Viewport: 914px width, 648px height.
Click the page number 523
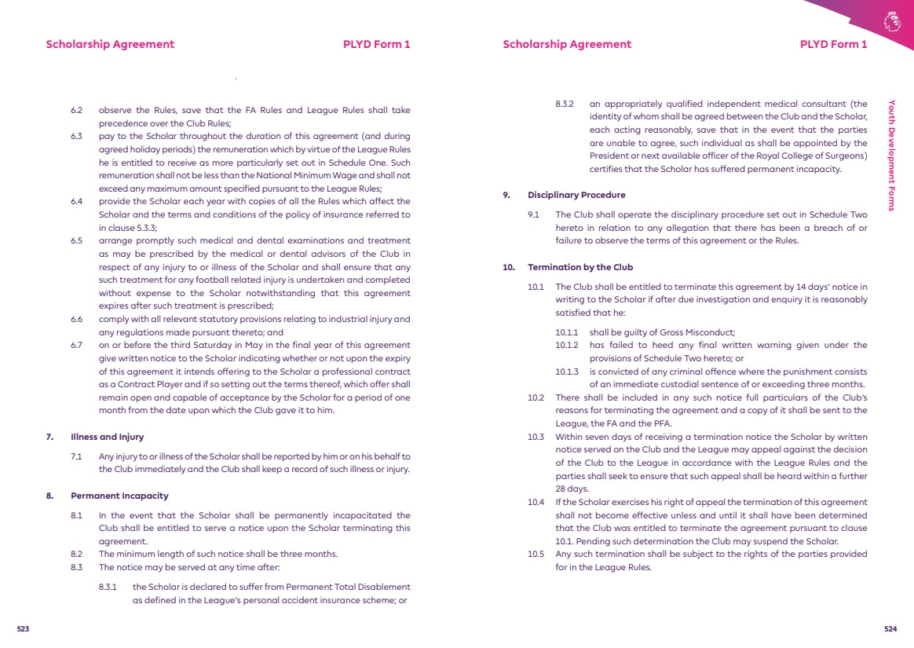point(23,629)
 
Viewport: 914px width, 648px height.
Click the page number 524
point(890,629)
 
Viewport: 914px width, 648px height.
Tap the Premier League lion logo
point(891,21)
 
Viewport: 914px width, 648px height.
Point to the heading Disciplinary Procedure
point(576,195)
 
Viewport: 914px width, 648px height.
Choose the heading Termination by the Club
point(580,267)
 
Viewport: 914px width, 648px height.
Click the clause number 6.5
point(76,240)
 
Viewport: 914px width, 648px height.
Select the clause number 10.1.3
point(566,372)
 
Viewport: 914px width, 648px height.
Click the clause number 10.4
point(536,502)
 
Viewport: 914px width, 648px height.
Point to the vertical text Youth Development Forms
point(891,156)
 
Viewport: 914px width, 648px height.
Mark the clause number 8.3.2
point(565,104)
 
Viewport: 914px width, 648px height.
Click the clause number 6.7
point(76,345)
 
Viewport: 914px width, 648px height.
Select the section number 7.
point(49,437)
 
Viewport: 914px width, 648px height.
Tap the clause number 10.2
point(536,397)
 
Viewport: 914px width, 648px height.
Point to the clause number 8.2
point(76,554)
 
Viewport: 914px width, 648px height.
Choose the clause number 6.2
point(76,110)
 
